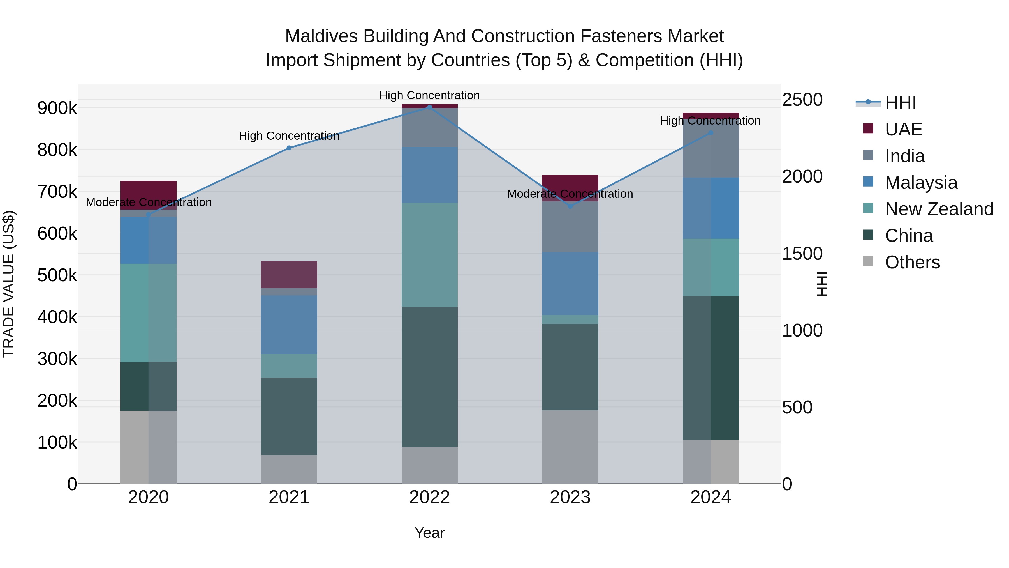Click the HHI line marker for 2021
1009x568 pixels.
point(289,148)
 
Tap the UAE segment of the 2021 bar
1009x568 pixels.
point(289,274)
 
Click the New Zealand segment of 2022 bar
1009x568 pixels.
point(429,254)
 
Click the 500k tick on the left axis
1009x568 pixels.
point(57,275)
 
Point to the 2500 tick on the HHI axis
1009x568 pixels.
point(802,100)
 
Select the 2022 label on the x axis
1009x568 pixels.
point(429,497)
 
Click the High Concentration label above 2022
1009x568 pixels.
point(429,95)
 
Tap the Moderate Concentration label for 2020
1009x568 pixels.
point(149,202)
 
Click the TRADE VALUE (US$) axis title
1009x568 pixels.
point(9,284)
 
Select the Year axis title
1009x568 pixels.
point(429,533)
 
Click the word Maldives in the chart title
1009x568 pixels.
point(321,36)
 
